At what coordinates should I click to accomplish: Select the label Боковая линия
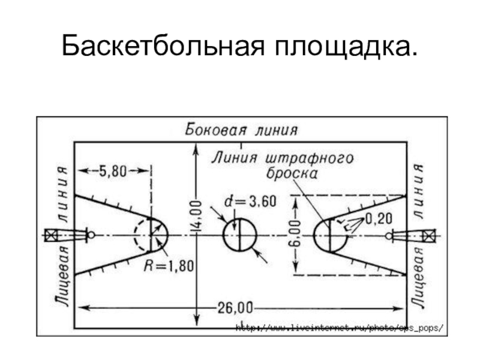241,130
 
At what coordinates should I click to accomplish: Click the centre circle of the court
239,235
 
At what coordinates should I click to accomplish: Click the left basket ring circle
91,235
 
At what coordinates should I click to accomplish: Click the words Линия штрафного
282,158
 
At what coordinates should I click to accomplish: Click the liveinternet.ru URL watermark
339,328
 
